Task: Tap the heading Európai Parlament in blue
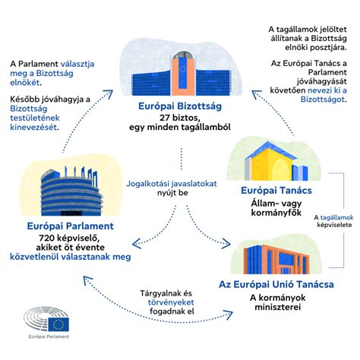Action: [68, 226]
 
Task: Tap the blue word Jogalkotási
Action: [150, 183]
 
